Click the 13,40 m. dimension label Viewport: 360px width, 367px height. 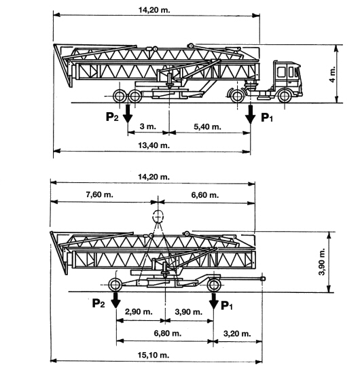tap(154, 145)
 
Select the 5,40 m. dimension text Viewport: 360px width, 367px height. tap(207, 126)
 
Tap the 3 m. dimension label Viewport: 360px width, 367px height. tap(147, 126)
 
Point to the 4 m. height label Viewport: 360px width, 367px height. tap(332, 74)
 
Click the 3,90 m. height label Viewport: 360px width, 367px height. tap(322, 262)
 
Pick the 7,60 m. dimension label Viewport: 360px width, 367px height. tap(99, 194)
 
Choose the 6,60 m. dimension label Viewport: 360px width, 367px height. tap(205, 195)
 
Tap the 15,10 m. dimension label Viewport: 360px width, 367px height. tap(154, 355)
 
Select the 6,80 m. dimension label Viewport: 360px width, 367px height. tap(168, 333)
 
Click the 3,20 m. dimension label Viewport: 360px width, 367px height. tap(237, 333)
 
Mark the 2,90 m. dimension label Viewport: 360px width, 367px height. tap(139, 312)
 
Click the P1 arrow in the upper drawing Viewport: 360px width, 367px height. tap(251, 114)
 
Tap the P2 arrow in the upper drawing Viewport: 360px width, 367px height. tap(128, 113)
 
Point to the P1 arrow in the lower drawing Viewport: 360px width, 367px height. tap(213, 301)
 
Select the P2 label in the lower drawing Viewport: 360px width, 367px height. tap(98, 303)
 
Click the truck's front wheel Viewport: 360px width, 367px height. tap(285, 96)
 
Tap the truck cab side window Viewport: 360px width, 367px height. tap(281, 72)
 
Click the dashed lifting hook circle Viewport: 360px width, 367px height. tap(158, 217)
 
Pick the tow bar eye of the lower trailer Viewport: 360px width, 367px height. tap(263, 279)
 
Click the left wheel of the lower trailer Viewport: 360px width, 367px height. tap(115, 285)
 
